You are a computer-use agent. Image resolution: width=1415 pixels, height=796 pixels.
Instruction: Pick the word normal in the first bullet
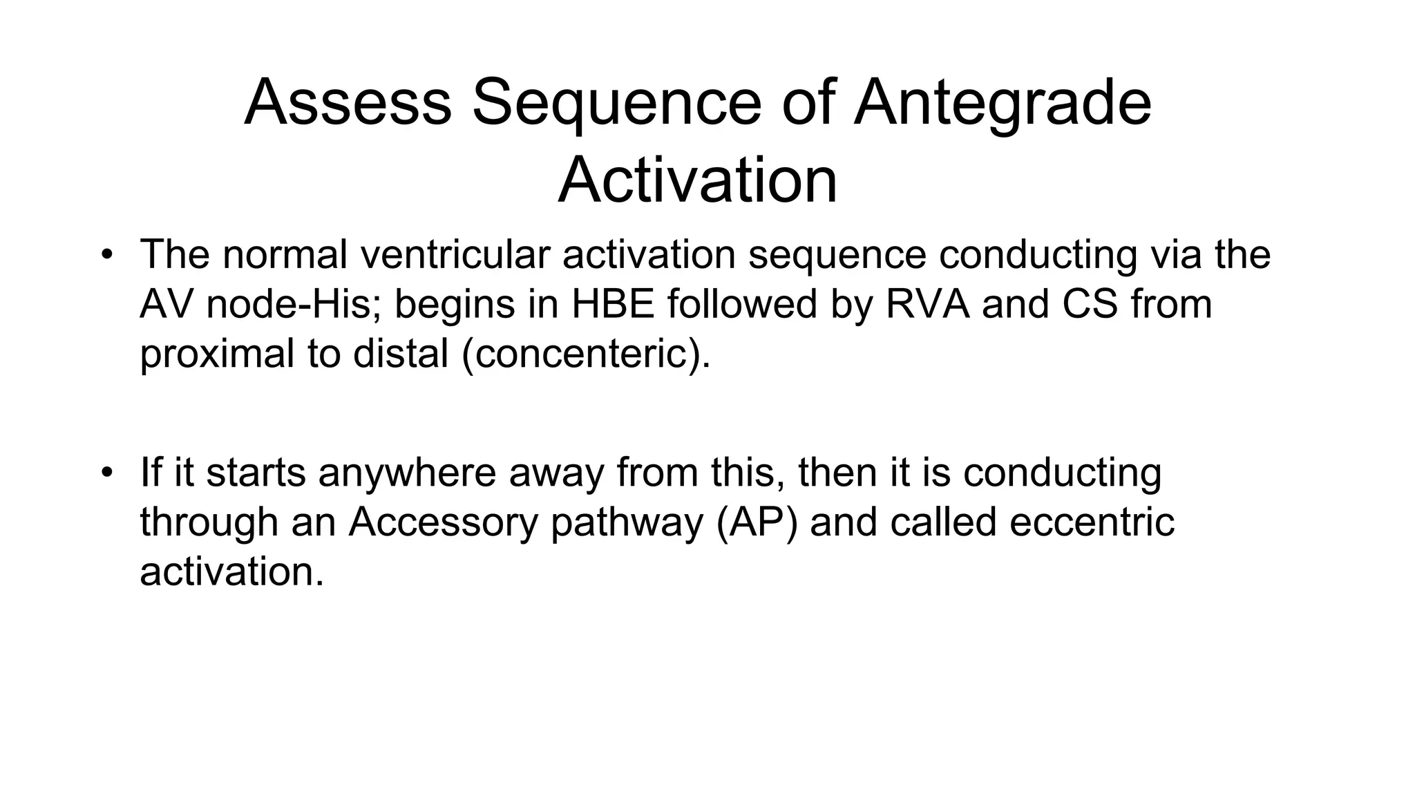285,254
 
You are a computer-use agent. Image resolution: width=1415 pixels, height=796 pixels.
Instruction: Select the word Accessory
443,522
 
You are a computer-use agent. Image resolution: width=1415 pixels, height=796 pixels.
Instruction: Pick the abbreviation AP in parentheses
757,522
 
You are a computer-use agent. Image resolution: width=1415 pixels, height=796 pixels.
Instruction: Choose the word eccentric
1092,522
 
